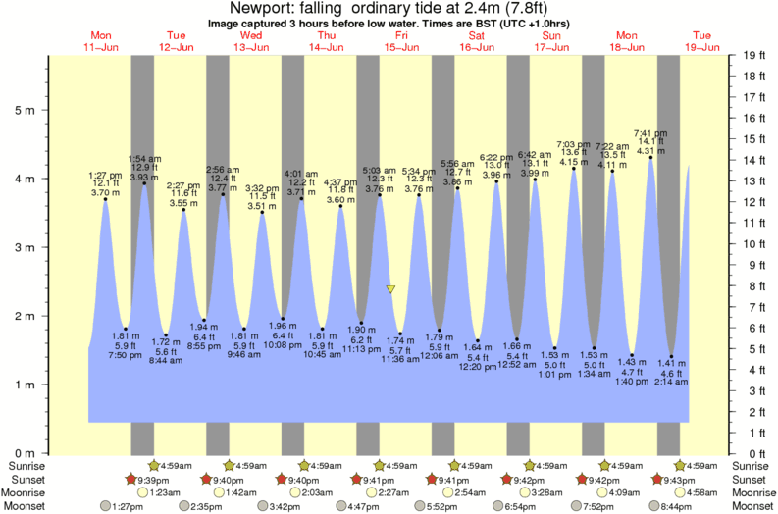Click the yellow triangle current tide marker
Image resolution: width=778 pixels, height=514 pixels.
(x=390, y=289)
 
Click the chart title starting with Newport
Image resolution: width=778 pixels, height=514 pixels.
(x=389, y=8)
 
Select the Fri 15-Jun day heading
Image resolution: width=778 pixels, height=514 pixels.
(x=401, y=41)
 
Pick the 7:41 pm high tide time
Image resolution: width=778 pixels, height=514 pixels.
(x=652, y=133)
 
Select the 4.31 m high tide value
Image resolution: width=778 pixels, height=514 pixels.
(x=652, y=151)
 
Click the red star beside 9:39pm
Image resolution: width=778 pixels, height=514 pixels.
(x=130, y=479)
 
